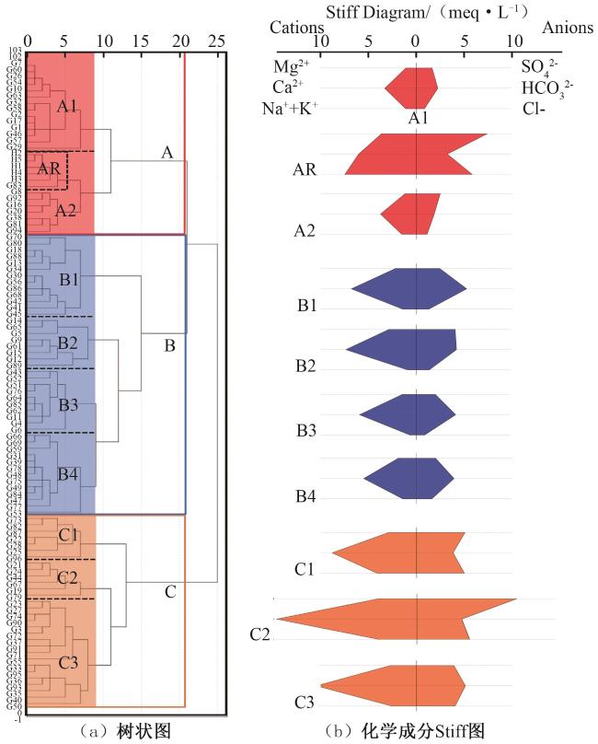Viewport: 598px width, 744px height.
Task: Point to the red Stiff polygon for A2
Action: point(410,214)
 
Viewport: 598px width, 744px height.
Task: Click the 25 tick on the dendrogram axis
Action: point(217,41)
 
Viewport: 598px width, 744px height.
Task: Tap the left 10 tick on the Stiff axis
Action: point(319,41)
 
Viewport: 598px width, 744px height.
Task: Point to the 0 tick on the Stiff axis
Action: point(416,41)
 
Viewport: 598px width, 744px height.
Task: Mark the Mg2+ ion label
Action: point(292,66)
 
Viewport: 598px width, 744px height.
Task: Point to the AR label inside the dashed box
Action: point(49,169)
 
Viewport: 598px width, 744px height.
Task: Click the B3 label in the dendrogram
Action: point(69,405)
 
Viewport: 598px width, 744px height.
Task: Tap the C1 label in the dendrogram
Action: point(68,535)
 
